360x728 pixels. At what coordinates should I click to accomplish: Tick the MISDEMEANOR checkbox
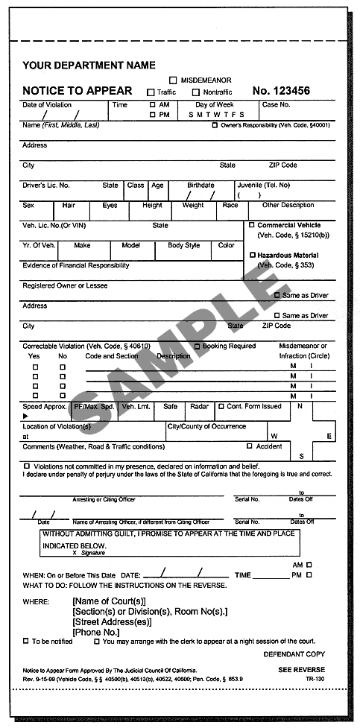pyautogui.click(x=173, y=80)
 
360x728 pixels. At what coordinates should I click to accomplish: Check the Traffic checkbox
pyautogui.click(x=151, y=92)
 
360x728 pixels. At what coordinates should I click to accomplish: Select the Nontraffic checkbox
pyautogui.click(x=196, y=92)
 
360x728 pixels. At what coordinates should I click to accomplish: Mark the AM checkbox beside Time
pyautogui.click(x=153, y=105)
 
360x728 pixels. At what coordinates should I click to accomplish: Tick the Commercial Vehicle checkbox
pyautogui.click(x=252, y=225)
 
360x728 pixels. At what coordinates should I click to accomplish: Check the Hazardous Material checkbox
pyautogui.click(x=252, y=255)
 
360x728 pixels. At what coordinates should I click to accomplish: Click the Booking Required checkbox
pyautogui.click(x=197, y=346)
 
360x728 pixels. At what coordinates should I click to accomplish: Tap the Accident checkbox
pyautogui.click(x=249, y=446)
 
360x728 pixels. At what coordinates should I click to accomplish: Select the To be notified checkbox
pyautogui.click(x=26, y=641)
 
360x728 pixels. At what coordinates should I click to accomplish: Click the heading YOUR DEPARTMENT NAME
pyautogui.click(x=89, y=66)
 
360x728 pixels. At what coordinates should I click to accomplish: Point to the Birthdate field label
pyautogui.click(x=200, y=185)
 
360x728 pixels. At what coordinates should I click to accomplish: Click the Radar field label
pyautogui.click(x=199, y=406)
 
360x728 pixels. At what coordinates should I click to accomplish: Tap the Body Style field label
pyautogui.click(x=183, y=245)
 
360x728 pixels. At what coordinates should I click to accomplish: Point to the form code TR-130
pyautogui.click(x=315, y=679)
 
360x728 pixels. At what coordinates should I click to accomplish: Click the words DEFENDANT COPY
pyautogui.click(x=294, y=653)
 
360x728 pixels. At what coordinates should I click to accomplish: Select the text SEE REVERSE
pyautogui.click(x=301, y=669)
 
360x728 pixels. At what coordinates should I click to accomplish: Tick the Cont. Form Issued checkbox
pyautogui.click(x=221, y=406)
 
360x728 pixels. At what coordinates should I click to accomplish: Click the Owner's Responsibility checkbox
pyautogui.click(x=215, y=125)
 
